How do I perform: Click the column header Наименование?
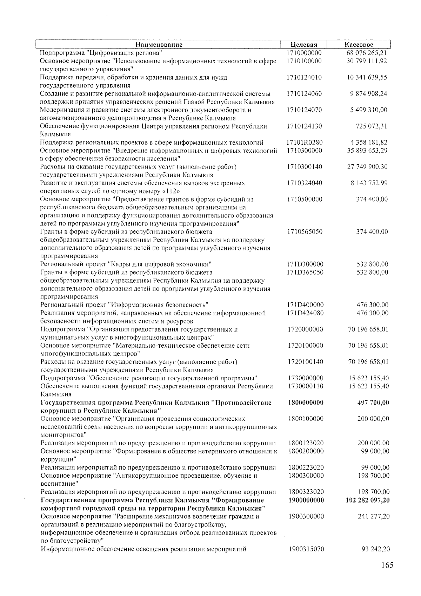point(159,45)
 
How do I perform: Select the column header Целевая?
point(304,45)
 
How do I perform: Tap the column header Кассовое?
point(359,45)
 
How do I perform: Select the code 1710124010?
point(304,77)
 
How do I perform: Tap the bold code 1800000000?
point(305,402)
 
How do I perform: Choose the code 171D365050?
point(305,272)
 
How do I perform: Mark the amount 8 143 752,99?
point(369,183)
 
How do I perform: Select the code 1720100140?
point(305,362)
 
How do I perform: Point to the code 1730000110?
point(305,386)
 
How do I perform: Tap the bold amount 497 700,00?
point(373,402)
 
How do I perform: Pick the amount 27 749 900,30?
point(367,167)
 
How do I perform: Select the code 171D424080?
point(305,313)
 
